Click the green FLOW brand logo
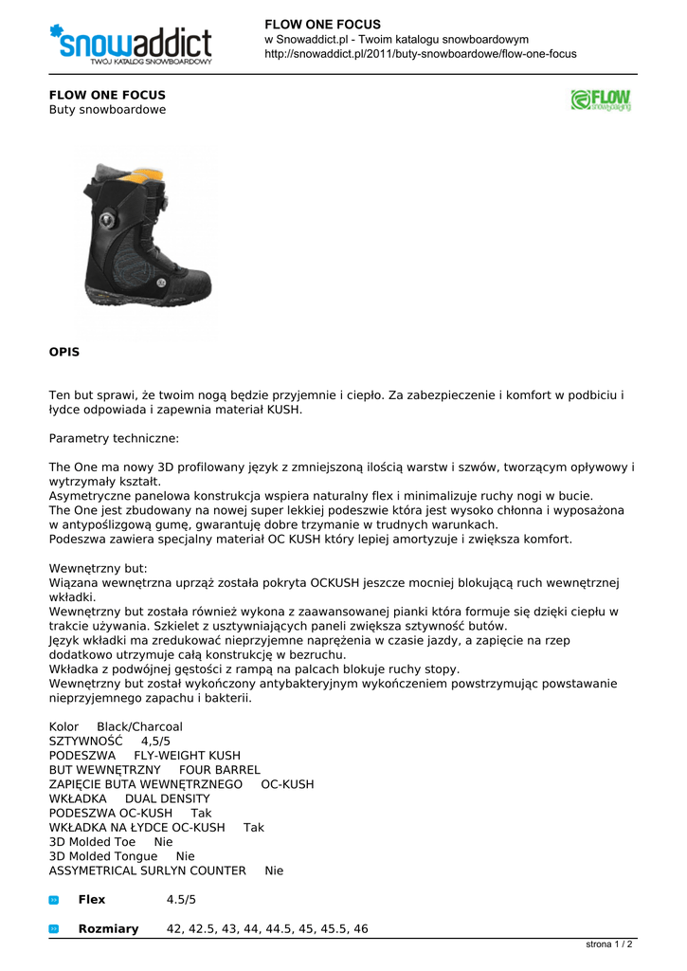point(601,101)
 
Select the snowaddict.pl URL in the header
point(420,54)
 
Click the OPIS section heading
point(64,352)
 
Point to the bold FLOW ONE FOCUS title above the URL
point(322,24)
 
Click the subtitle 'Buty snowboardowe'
point(107,110)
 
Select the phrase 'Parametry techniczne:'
point(114,439)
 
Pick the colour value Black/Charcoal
point(140,726)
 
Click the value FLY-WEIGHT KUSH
point(188,756)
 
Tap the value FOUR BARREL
point(219,770)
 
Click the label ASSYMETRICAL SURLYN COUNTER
point(147,870)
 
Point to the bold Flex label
point(92,900)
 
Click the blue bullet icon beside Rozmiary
point(54,929)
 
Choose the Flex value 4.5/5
point(181,900)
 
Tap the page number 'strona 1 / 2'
point(609,944)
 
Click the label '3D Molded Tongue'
point(103,856)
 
